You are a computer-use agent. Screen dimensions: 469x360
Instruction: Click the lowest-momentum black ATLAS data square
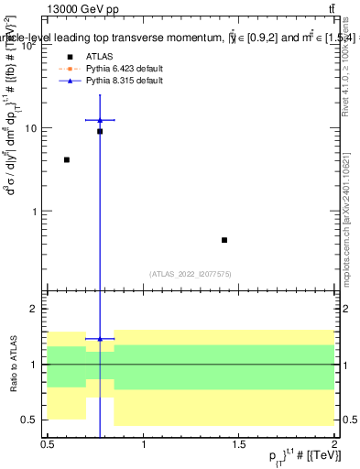click(x=67, y=160)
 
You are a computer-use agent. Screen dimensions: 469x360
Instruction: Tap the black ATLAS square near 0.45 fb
click(x=224, y=240)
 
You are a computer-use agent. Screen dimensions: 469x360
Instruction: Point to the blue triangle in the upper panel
click(x=100, y=120)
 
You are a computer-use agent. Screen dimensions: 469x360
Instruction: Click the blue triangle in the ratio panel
click(x=100, y=339)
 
